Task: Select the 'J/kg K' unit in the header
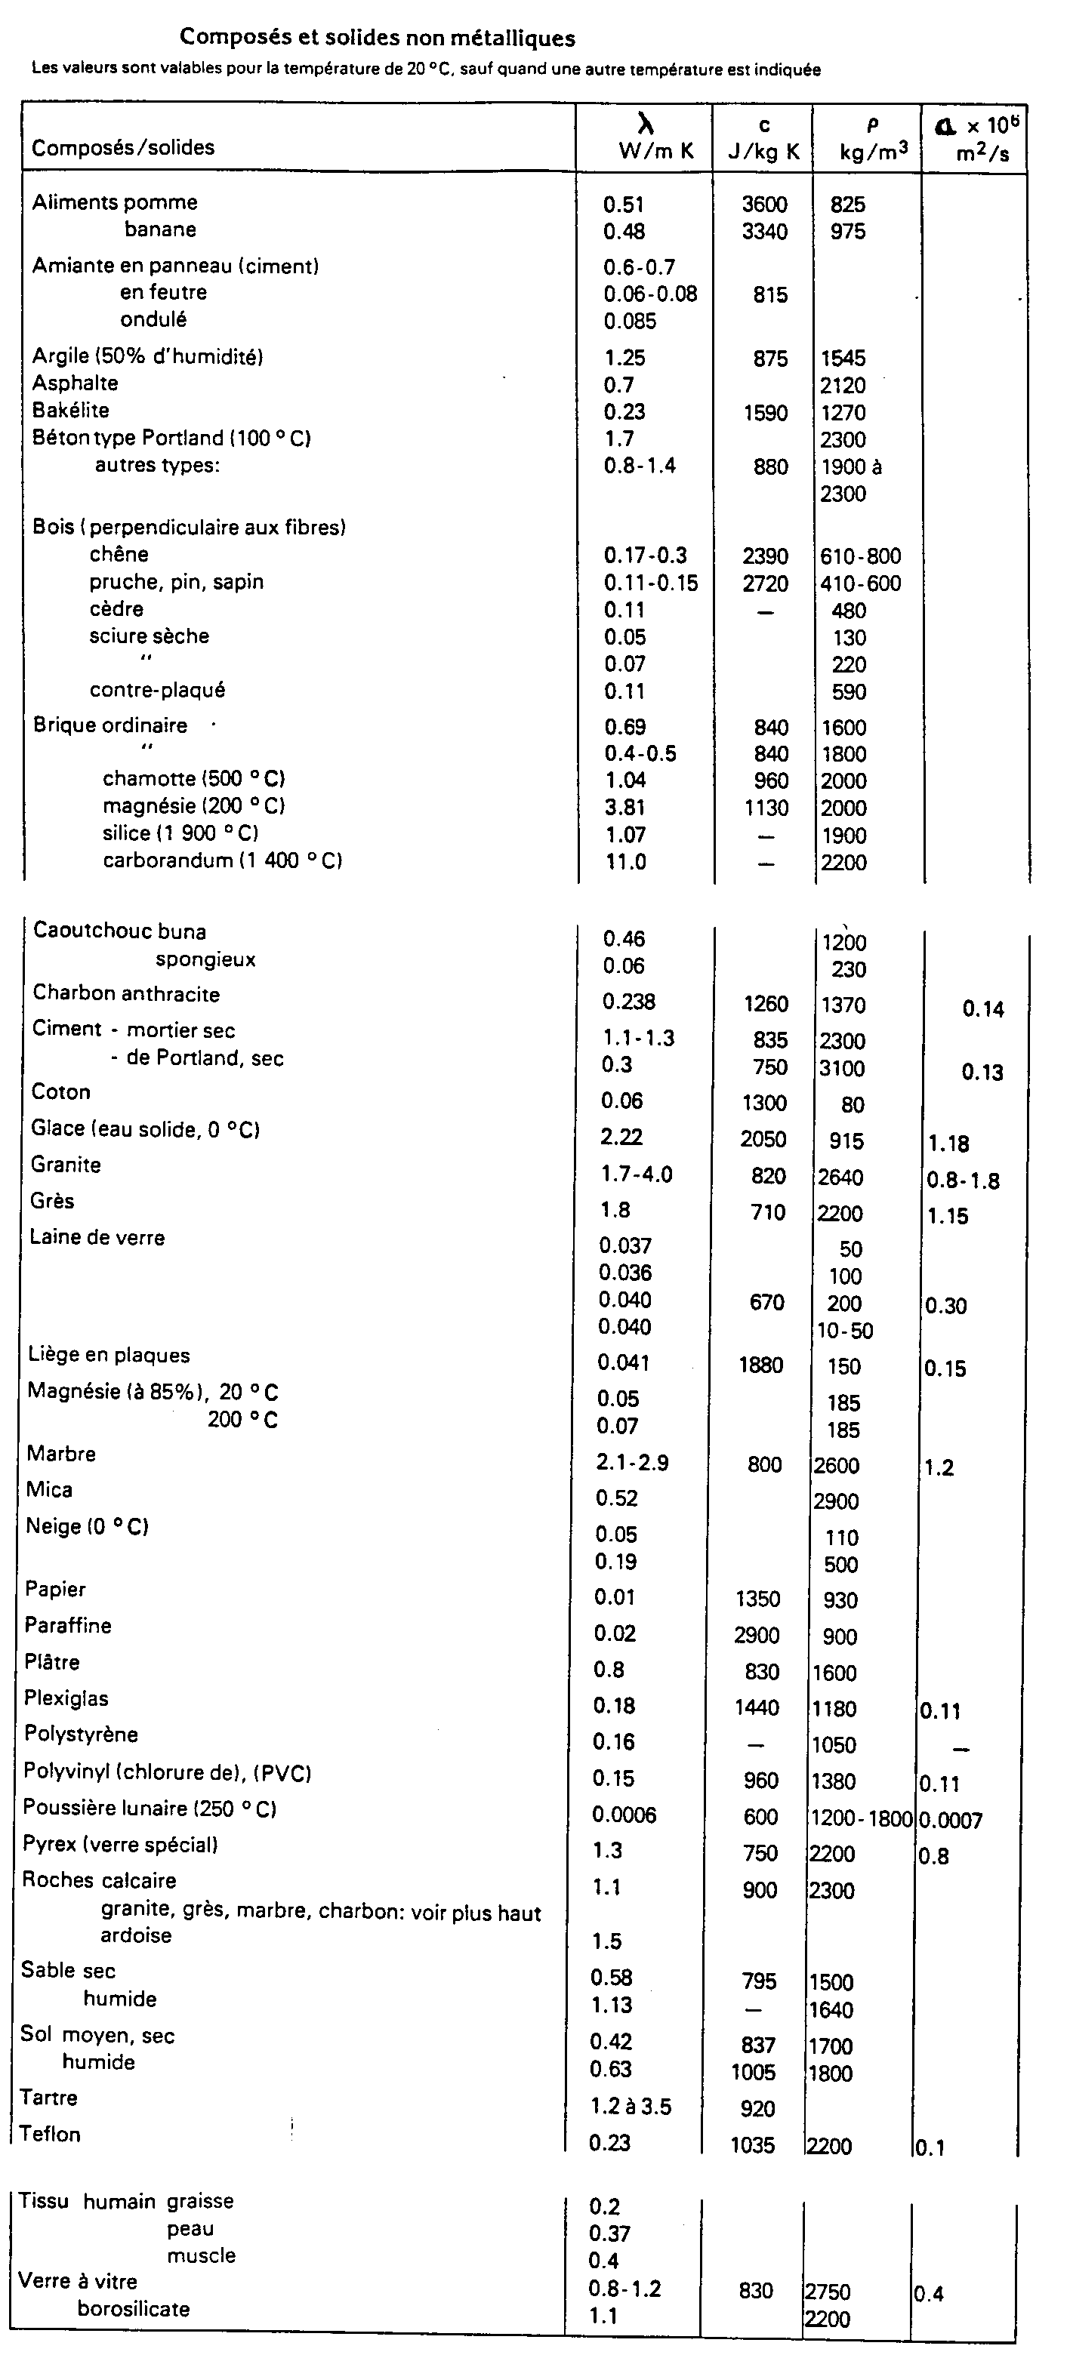763,152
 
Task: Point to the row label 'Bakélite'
70,411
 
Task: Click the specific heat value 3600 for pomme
764,205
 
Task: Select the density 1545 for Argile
842,359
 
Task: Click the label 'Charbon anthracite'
126,994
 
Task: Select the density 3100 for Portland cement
841,1068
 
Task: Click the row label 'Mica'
48,1490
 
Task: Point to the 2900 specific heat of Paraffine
757,1635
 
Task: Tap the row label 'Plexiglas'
66,1698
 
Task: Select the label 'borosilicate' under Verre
134,2308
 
